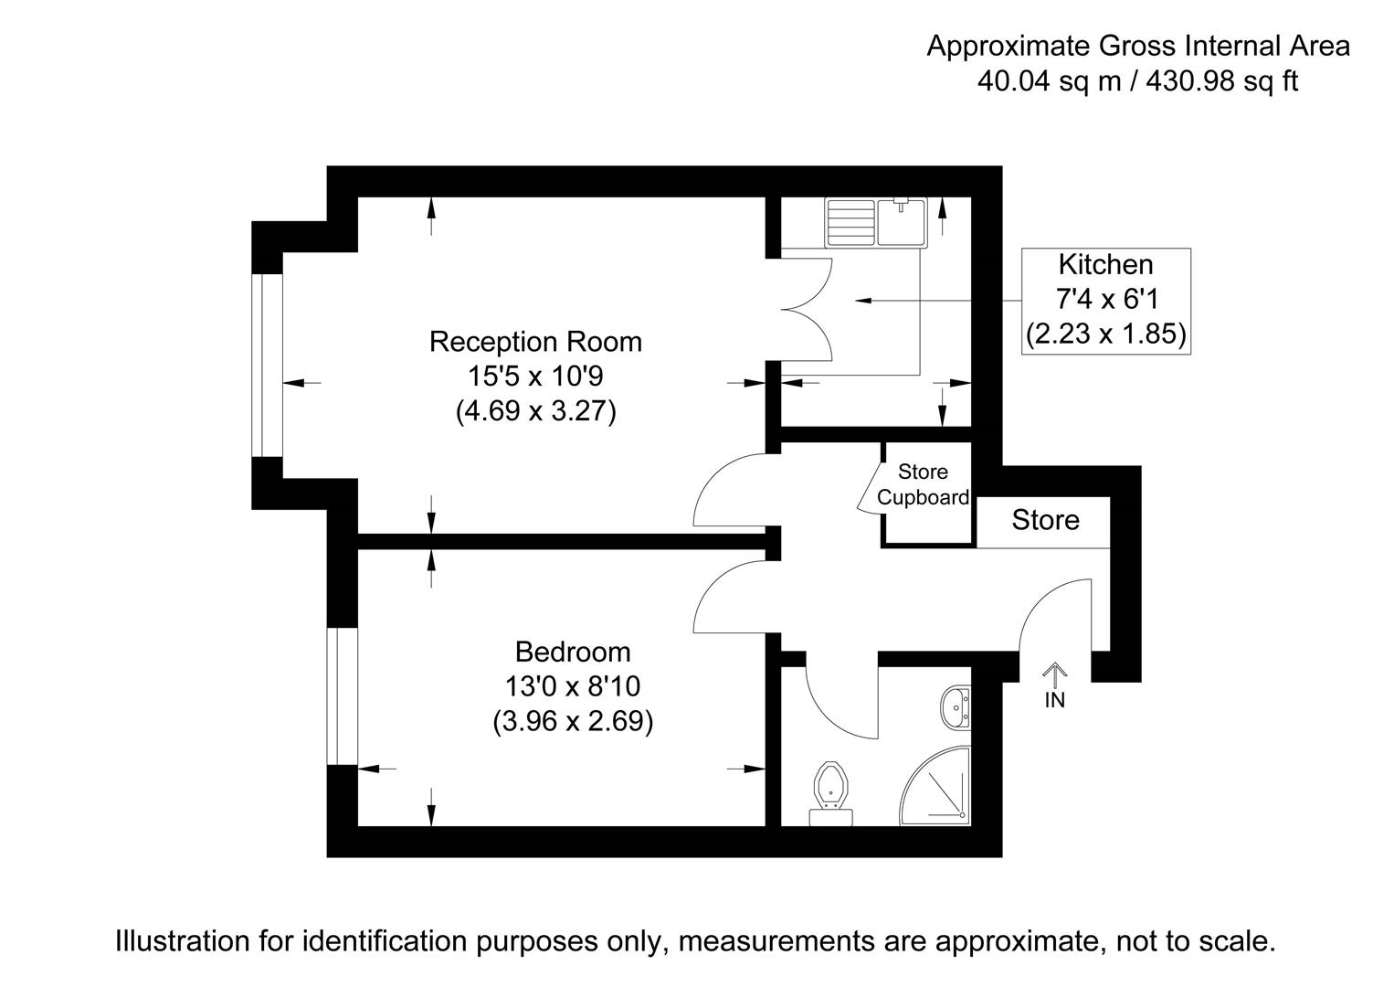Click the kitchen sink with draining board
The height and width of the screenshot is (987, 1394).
coord(876,222)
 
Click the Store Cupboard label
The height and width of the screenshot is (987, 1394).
coord(923,485)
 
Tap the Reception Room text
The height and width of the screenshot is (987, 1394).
coord(535,342)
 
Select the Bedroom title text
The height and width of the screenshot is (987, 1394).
coord(573,652)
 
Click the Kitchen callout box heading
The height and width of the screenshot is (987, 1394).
coord(1105,265)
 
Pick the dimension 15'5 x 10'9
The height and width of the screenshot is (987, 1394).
coord(535,377)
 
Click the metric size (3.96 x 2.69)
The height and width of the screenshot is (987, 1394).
coord(573,722)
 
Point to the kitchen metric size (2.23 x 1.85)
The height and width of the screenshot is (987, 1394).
coord(1105,334)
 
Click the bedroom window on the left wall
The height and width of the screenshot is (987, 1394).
coord(343,695)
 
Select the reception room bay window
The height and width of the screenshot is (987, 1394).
coord(267,365)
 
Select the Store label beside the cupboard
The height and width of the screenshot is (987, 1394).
coord(1045,521)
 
